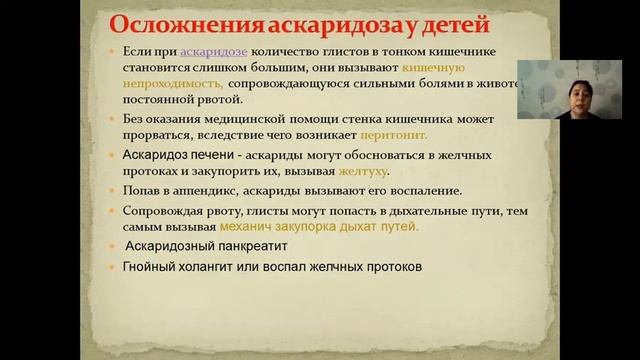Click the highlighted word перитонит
pyautogui.click(x=429, y=134)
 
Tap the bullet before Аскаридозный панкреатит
pyautogui.click(x=115, y=247)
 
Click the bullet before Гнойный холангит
pyautogui.click(x=115, y=268)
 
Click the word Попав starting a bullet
pyautogui.click(x=144, y=190)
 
